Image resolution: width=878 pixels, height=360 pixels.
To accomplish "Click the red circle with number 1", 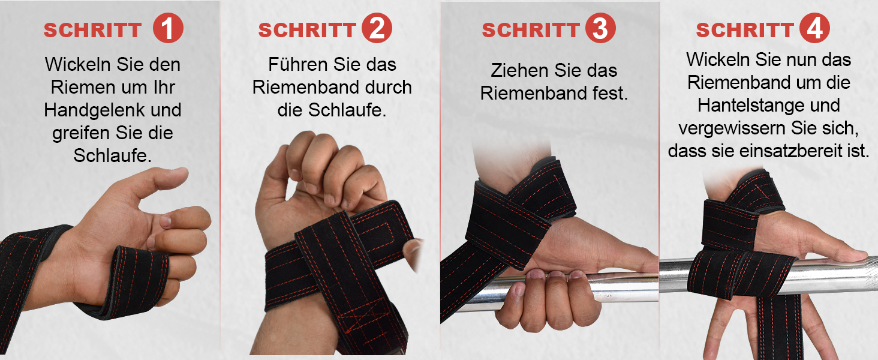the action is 168,28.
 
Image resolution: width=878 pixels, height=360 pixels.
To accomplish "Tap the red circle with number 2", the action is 377,28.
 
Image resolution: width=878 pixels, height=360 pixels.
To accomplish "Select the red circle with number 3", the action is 600,28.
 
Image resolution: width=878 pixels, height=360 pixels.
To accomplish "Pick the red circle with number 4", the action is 814,28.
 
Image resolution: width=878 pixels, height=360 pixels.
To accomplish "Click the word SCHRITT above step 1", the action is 92,30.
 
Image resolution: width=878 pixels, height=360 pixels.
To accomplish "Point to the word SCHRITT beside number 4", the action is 745,30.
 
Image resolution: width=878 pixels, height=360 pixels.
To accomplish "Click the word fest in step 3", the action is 611,94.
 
